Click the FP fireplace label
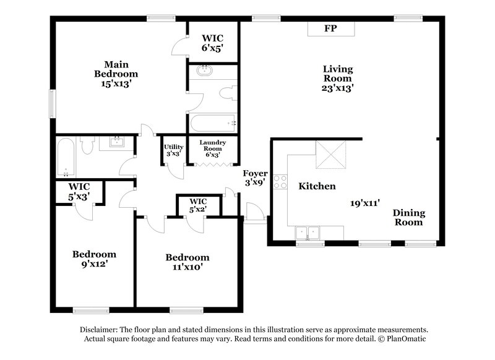coord(330,28)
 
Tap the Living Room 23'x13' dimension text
coord(337,88)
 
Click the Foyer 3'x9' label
coord(254,178)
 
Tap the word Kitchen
coord(317,186)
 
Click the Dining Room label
coord(409,217)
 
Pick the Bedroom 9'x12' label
coord(94,259)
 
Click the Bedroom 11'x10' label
coord(187,262)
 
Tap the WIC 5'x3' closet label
coord(79,191)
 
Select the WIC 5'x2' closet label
coord(198,205)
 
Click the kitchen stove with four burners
coord(280,182)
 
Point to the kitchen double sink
coord(308,233)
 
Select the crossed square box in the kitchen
coord(332,154)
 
